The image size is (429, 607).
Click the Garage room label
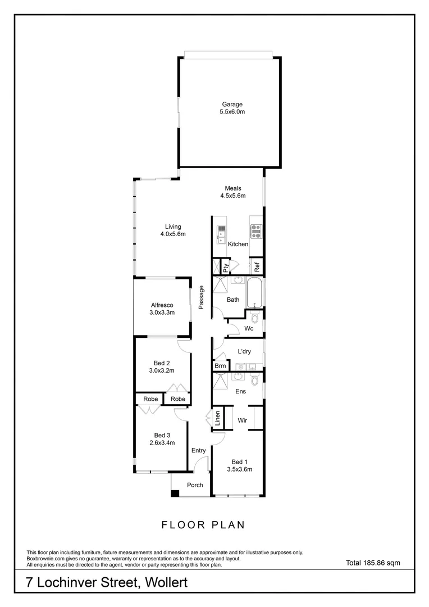[231, 104]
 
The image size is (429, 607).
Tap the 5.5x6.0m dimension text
[231, 112]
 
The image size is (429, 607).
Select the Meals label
[233, 188]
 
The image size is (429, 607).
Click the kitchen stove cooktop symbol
[256, 229]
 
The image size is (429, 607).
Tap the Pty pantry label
[226, 268]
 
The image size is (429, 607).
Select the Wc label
[249, 328]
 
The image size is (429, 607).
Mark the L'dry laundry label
[244, 351]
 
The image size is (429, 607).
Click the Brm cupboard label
[220, 366]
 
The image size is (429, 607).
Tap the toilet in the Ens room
[255, 381]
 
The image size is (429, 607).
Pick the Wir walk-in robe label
[243, 420]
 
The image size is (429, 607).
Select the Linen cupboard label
[217, 419]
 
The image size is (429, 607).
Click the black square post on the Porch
[175, 493]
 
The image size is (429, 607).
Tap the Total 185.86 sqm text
[372, 561]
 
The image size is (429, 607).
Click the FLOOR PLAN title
[203, 525]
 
